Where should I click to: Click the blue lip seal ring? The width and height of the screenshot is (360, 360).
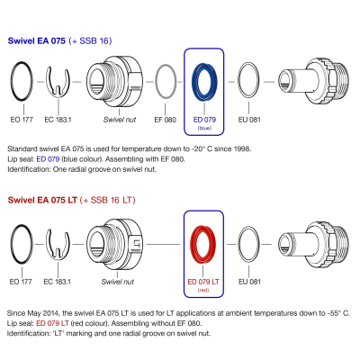(193, 82)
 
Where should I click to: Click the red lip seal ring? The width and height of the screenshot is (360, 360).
(192, 245)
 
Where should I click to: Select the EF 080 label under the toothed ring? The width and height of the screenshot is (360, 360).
(165, 120)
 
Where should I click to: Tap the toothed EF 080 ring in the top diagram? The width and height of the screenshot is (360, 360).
(156, 81)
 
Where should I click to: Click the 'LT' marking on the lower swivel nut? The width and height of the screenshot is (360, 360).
(137, 243)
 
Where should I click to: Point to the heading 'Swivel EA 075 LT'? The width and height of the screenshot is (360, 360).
(42, 200)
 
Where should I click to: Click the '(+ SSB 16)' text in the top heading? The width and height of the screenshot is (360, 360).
(90, 40)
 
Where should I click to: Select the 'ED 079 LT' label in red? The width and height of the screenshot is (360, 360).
(203, 282)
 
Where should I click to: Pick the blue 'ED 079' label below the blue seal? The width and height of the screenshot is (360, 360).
(204, 120)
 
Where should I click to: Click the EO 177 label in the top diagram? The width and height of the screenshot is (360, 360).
(22, 120)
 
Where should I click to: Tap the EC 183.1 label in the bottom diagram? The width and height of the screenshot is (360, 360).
(57, 282)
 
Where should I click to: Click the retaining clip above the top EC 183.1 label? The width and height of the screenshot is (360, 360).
(47, 81)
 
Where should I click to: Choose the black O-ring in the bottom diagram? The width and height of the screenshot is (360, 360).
(12, 245)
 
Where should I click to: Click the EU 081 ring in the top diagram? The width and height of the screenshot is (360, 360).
(238, 80)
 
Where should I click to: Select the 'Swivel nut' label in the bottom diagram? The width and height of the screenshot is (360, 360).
(118, 282)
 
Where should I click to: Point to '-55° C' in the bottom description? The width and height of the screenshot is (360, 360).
(337, 313)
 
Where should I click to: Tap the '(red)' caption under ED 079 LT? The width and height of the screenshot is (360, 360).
(203, 290)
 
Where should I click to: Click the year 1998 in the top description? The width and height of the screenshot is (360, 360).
(242, 148)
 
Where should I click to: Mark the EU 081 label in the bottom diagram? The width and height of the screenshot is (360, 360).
(249, 282)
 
